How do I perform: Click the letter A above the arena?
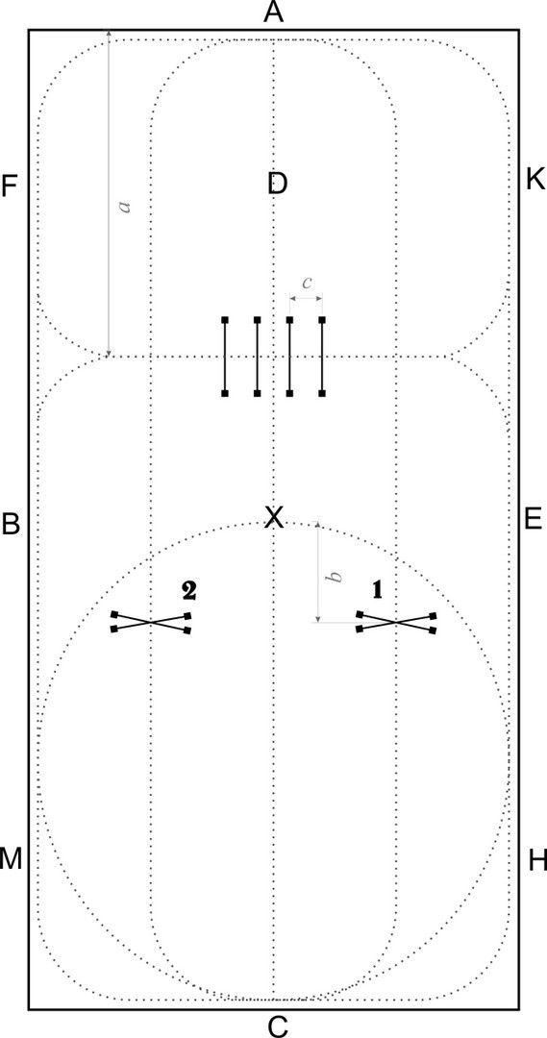[x=273, y=12]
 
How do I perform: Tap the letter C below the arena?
[x=277, y=1026]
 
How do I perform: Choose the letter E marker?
[x=534, y=520]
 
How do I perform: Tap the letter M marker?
[x=11, y=859]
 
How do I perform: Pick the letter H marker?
[x=537, y=861]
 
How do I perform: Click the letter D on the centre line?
[x=278, y=184]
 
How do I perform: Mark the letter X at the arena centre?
[x=273, y=517]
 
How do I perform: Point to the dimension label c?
[x=307, y=283]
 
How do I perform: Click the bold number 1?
[x=378, y=590]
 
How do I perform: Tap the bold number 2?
[x=188, y=590]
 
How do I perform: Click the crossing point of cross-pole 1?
[x=396, y=622]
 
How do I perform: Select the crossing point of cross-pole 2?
[x=152, y=622]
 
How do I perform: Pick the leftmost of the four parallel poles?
[x=225, y=357]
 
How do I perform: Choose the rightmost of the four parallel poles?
[x=322, y=357]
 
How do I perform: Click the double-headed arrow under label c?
[x=307, y=299]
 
